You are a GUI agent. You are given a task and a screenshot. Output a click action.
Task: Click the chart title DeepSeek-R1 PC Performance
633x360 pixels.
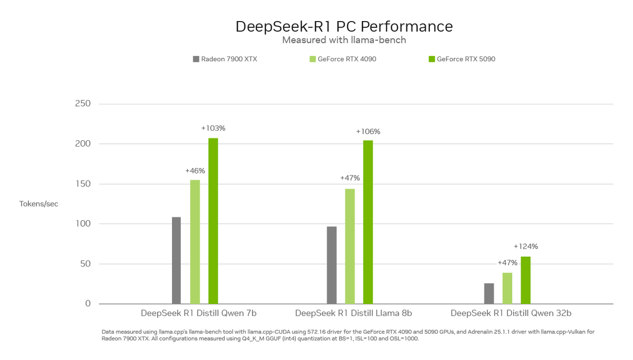tap(344, 26)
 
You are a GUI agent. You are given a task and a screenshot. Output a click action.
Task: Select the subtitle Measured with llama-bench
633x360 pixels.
tap(344, 40)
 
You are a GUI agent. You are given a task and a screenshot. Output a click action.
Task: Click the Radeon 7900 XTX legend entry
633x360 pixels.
tap(225, 59)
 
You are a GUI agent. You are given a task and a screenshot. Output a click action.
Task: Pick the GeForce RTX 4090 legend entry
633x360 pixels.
tap(343, 59)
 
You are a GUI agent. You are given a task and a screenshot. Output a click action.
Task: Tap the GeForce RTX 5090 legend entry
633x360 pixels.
tap(462, 59)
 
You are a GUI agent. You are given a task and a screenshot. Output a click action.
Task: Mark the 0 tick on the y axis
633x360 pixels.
tap(87, 304)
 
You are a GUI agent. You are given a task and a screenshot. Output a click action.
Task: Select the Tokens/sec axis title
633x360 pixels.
tap(39, 204)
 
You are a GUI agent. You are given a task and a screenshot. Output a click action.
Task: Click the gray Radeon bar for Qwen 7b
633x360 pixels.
tap(176, 260)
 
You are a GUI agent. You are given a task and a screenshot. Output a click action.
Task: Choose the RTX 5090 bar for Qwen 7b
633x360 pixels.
tap(213, 221)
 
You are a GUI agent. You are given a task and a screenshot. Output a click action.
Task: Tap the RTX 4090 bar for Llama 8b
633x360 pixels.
tap(350, 246)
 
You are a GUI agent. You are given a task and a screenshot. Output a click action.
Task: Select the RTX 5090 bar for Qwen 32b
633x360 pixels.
tap(525, 280)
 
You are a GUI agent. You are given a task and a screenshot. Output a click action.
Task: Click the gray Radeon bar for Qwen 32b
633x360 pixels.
tap(489, 294)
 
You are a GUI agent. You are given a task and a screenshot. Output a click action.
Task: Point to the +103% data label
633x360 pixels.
tap(213, 128)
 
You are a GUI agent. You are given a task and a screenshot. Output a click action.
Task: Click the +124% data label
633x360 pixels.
tap(525, 246)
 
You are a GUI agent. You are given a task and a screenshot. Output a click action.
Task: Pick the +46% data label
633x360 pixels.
tap(195, 171)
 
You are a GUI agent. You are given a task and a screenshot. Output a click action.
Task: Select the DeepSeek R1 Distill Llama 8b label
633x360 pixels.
tap(353, 313)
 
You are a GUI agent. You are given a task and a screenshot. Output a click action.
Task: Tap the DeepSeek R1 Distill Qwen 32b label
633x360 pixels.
tap(511, 313)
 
